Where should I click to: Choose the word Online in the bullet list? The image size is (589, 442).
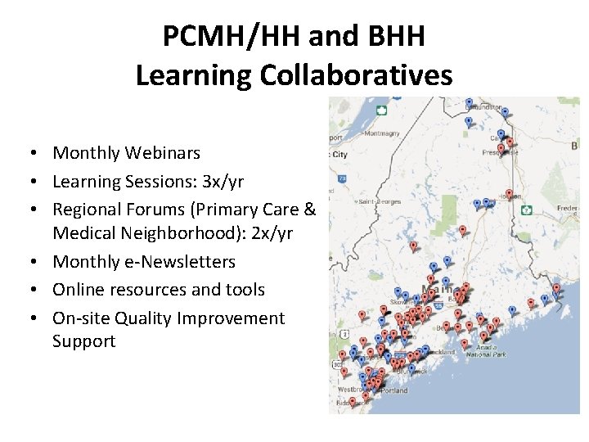(x=77, y=290)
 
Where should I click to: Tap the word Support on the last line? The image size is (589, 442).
(x=83, y=341)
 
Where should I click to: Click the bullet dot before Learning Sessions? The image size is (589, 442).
(x=38, y=181)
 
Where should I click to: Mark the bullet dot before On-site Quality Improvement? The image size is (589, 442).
(x=38, y=318)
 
